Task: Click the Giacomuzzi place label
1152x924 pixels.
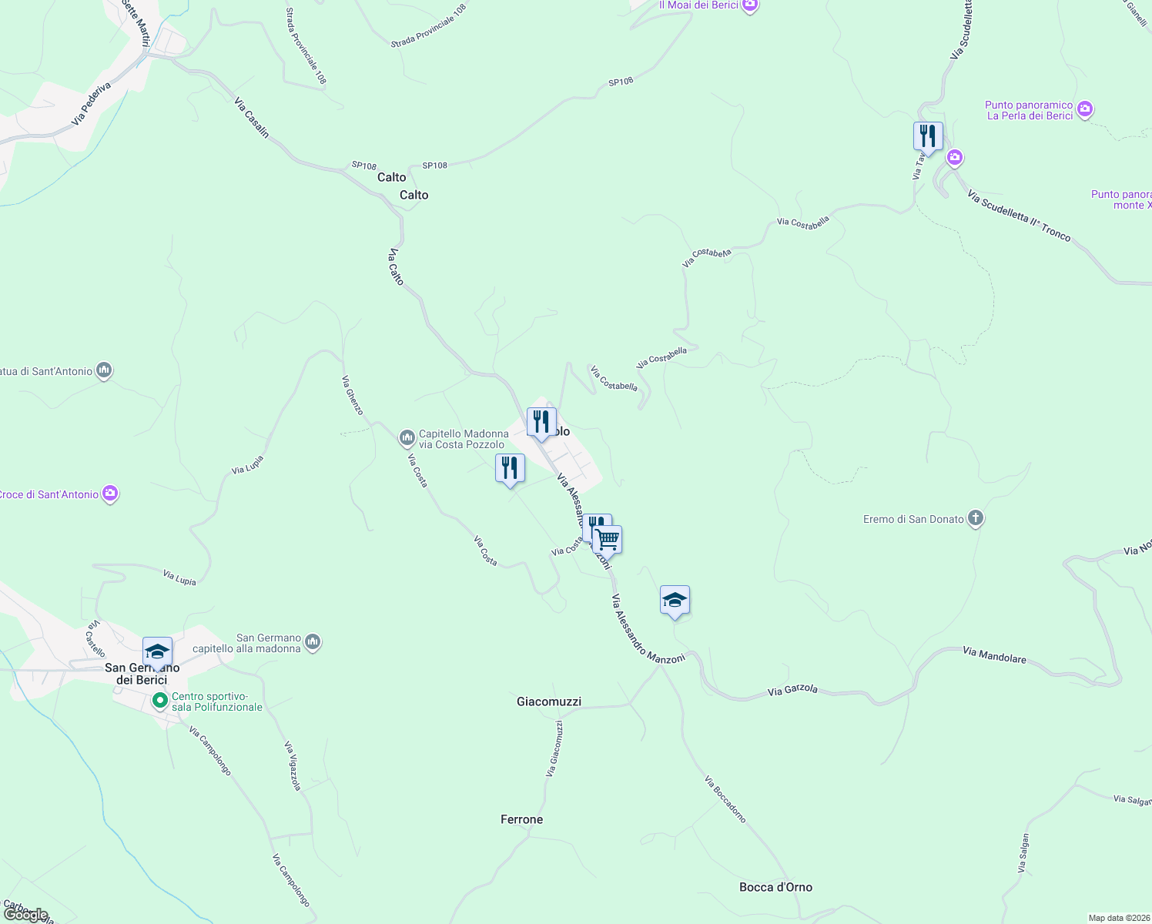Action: [549, 701]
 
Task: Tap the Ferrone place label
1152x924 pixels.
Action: [521, 819]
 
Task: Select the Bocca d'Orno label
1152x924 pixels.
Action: [775, 887]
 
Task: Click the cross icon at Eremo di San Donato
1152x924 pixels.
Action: [976, 518]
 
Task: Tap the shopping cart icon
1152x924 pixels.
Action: [608, 539]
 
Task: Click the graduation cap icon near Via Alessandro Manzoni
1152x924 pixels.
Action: [675, 600]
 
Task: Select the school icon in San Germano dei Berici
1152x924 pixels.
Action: [157, 651]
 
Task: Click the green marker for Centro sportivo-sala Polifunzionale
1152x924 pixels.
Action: [160, 701]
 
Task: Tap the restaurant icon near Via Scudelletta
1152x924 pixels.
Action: [928, 136]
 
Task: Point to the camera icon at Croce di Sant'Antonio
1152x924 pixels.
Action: [110, 493]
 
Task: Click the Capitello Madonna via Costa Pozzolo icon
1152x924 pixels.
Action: [407, 438]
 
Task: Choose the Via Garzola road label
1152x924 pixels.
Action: [792, 690]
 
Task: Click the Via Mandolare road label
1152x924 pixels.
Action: [994, 655]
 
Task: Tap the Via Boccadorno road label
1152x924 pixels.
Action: [725, 799]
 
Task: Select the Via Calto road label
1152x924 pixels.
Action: [396, 266]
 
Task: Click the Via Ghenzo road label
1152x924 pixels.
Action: [353, 395]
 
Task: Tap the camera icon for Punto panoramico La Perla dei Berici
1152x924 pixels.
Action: [1085, 109]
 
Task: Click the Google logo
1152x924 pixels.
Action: [25, 915]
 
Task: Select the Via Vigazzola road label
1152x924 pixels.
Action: [293, 765]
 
